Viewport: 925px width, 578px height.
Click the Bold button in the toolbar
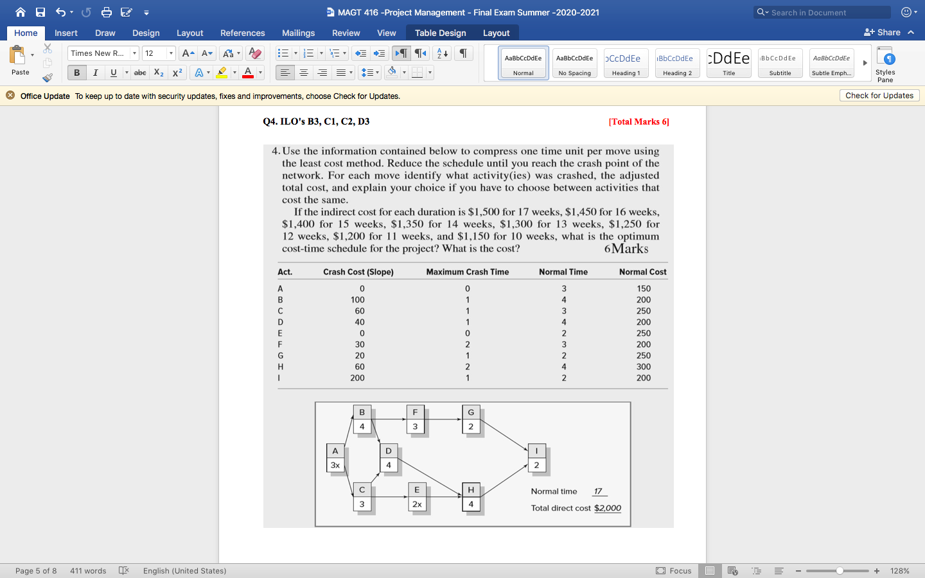pyautogui.click(x=76, y=73)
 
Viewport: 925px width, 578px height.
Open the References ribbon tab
pyautogui.click(x=242, y=33)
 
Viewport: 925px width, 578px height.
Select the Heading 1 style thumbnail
pyautogui.click(x=626, y=63)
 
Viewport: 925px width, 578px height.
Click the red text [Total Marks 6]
pyautogui.click(x=639, y=121)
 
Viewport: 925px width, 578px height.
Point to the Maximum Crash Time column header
pyautogui.click(x=467, y=272)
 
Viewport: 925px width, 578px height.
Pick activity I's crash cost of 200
pyautogui.click(x=357, y=378)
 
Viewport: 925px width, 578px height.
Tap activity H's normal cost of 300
pyautogui.click(x=643, y=367)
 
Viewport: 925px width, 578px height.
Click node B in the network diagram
pyautogui.click(x=362, y=412)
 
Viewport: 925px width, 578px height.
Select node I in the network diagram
pyautogui.click(x=536, y=451)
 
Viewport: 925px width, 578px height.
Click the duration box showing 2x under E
pyautogui.click(x=417, y=504)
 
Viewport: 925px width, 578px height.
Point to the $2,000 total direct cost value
pyautogui.click(x=607, y=508)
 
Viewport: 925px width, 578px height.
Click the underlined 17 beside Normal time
pyautogui.click(x=598, y=491)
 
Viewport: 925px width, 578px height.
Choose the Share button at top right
pyautogui.click(x=883, y=32)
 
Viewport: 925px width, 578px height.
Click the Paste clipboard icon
pyautogui.click(x=18, y=56)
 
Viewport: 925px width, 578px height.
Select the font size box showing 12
pyautogui.click(x=154, y=53)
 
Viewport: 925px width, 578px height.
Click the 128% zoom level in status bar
pyautogui.click(x=899, y=571)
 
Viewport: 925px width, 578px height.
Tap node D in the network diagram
pyautogui.click(x=389, y=451)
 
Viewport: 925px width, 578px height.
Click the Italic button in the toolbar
pyautogui.click(x=95, y=73)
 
